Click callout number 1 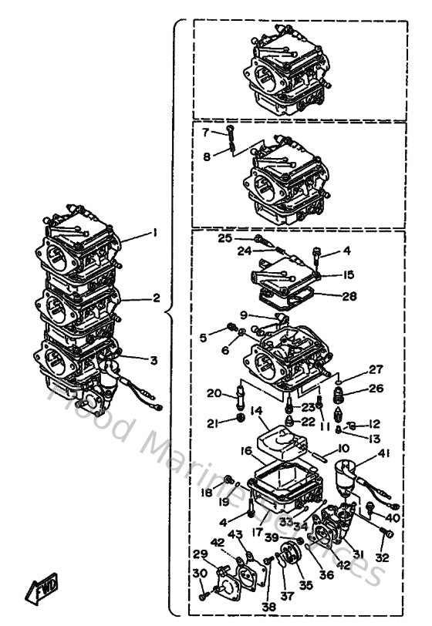point(154,231)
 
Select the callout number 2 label point(156,297)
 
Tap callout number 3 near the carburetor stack point(154,359)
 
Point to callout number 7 point(206,133)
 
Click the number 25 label point(224,239)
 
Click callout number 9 point(243,315)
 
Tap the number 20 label point(214,393)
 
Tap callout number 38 point(268,607)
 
